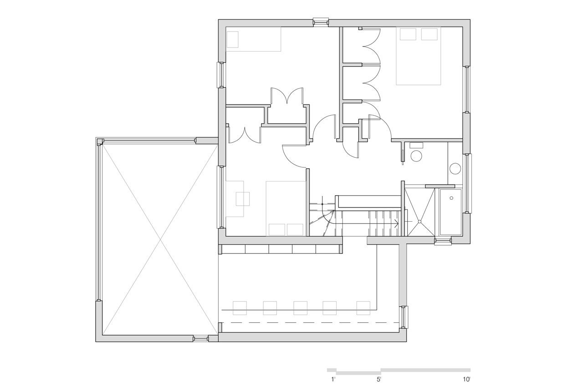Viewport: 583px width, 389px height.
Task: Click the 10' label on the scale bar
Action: [x=466, y=379]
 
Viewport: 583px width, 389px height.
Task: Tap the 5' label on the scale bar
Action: [x=379, y=379]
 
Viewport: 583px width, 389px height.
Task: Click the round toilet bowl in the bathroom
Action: [x=416, y=156]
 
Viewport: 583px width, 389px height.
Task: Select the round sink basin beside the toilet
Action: [x=455, y=169]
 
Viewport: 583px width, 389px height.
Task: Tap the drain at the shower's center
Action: [x=419, y=222]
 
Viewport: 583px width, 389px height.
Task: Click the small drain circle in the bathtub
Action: [x=451, y=198]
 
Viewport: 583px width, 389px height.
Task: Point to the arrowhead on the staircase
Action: [x=396, y=223]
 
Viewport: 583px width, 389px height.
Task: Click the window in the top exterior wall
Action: [x=321, y=22]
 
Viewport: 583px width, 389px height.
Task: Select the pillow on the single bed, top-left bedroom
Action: [x=232, y=40]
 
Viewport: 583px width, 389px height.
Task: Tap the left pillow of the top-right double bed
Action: [x=408, y=34]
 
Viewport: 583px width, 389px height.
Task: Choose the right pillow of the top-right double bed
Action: [x=429, y=34]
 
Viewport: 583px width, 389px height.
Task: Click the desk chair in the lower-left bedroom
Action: [x=243, y=199]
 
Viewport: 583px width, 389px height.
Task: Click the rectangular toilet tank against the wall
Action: [x=416, y=145]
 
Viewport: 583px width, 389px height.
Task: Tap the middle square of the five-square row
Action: [x=300, y=308]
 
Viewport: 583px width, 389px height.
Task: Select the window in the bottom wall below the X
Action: [x=201, y=338]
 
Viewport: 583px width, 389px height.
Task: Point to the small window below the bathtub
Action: [x=443, y=241]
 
